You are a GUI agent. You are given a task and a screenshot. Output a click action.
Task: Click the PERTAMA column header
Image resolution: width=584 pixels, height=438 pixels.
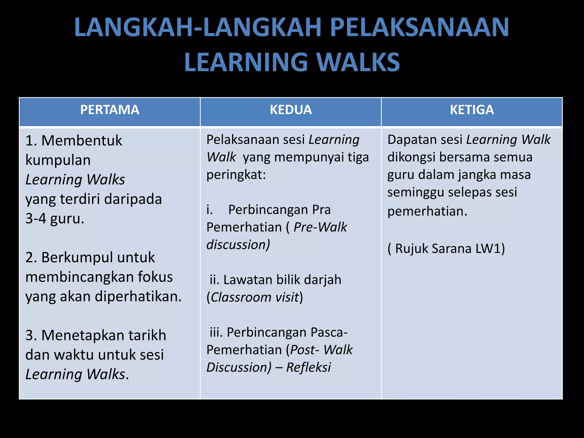[x=110, y=110]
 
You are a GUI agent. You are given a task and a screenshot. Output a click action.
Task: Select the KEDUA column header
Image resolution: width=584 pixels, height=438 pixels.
[x=291, y=110]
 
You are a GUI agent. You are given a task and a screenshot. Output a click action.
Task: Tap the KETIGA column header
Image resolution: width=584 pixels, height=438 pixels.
[x=472, y=110]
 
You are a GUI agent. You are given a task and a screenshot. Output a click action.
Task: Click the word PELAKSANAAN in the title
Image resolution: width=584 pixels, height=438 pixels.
[x=419, y=27]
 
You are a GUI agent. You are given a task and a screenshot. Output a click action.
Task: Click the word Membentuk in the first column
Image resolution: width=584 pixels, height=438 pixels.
[x=82, y=141]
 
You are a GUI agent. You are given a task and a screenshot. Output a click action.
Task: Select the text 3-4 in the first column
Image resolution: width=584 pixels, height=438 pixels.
[x=36, y=218]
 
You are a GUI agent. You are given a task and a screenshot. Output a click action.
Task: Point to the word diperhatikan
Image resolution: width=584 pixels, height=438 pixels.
[x=138, y=297]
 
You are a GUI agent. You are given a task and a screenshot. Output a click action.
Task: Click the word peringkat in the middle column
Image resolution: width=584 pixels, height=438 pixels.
[x=236, y=175]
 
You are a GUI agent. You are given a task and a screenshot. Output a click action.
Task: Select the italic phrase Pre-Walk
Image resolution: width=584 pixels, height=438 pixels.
[x=320, y=227]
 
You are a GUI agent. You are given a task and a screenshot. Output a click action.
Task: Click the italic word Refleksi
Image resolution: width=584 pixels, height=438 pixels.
[x=308, y=367]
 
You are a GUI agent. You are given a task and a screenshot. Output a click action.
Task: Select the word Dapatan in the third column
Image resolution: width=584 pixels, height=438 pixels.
[x=410, y=140]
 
